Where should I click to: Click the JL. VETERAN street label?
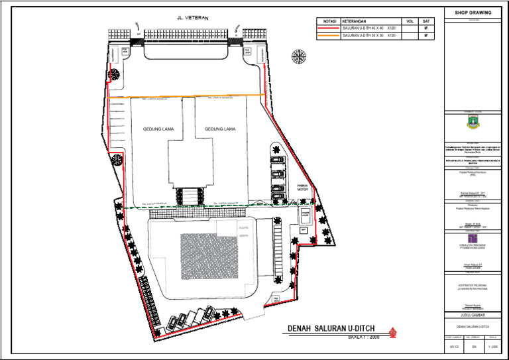click(192, 19)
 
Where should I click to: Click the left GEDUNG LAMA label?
click(158, 129)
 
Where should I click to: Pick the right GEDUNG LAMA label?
click(220, 129)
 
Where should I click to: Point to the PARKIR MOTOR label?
click(302, 188)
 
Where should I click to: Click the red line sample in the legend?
click(329, 29)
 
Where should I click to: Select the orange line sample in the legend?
click(329, 36)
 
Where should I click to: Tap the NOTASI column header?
click(328, 21)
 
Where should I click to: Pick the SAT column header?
click(426, 21)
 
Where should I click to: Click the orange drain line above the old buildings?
click(186, 97)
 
